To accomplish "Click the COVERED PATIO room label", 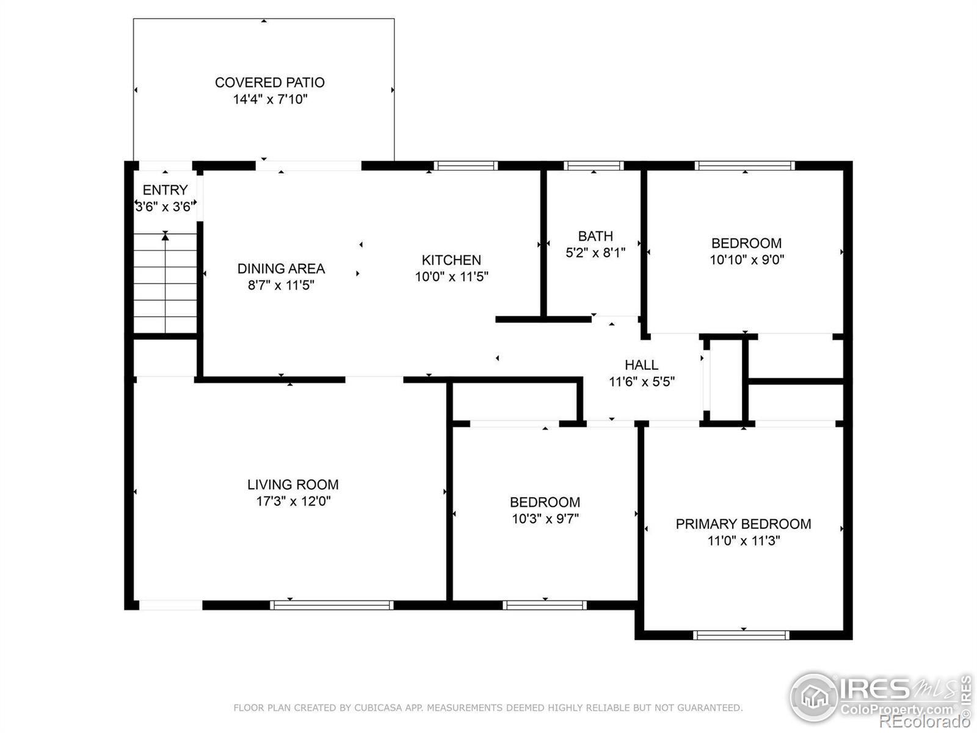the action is tap(270, 82).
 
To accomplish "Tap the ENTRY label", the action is tap(165, 190).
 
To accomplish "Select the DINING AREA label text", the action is tap(281, 268).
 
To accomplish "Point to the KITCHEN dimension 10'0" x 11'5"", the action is tap(451, 277).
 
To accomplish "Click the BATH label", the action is tap(595, 236).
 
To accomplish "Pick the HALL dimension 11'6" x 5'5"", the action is tap(641, 381).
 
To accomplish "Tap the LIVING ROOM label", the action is tap(293, 484).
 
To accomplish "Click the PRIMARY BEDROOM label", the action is tap(743, 524).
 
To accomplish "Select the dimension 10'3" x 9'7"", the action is tap(545, 519).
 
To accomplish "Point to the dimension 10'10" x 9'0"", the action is tap(746, 260).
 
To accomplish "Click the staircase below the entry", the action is tap(165, 283).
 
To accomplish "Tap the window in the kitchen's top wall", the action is tap(465, 166).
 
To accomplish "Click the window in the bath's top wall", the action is tap(594, 166).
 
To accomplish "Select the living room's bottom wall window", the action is tap(332, 605).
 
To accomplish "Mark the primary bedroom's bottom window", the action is tap(741, 635).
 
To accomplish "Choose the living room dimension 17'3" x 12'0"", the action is tap(293, 501).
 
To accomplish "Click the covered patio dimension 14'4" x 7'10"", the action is tap(270, 99).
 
